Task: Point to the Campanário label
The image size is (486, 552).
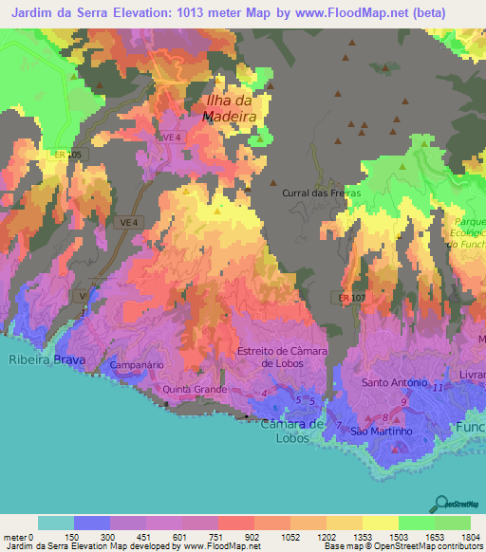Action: tap(139, 364)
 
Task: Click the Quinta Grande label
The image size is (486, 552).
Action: tap(194, 389)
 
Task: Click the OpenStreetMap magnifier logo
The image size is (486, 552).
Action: tap(439, 502)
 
